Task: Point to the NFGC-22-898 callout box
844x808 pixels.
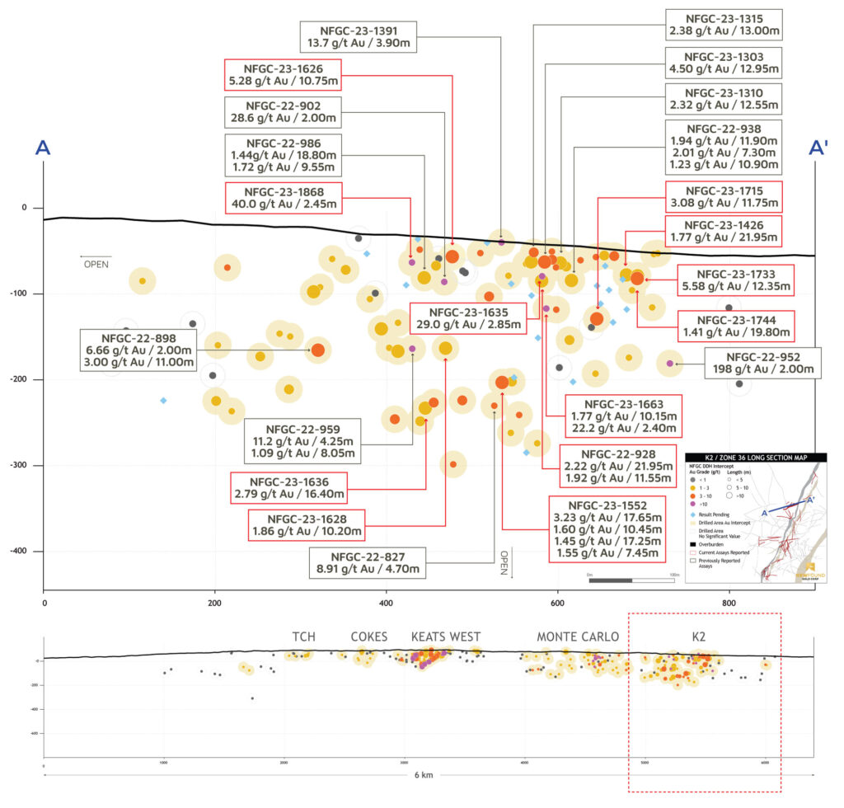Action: (x=140, y=350)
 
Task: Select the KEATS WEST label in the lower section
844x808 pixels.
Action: (x=446, y=637)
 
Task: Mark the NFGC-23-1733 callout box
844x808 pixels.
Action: (x=736, y=280)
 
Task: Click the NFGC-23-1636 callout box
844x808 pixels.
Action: (x=288, y=487)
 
